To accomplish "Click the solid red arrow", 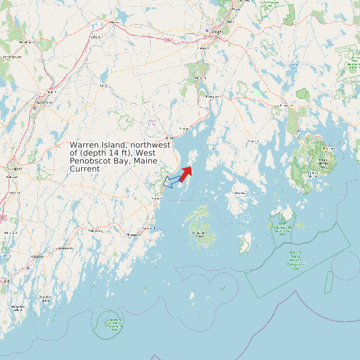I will coord(185,173).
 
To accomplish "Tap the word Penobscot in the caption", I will coord(90,161).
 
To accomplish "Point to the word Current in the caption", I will coord(84,169).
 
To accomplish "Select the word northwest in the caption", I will coord(150,145).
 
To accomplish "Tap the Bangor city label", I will coord(216,31).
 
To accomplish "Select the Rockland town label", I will coord(157,199).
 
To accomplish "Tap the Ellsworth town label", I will coord(286,106).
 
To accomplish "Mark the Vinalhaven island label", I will coord(199,233).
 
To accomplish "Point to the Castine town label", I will coord(213,148).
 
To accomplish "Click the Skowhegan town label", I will coord(27,42).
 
